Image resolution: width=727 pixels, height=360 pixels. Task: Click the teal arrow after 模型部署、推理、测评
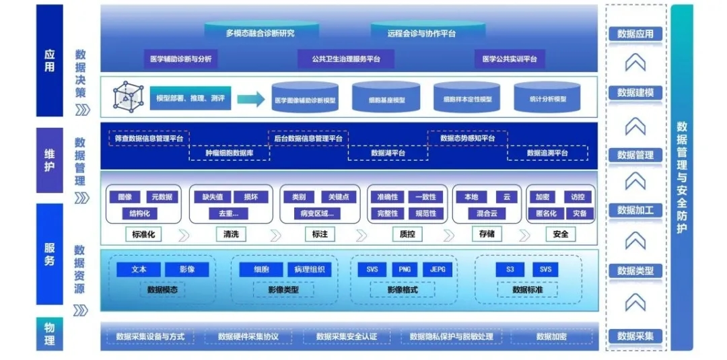click(250, 100)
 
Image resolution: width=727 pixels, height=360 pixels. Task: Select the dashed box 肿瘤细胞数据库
click(229, 153)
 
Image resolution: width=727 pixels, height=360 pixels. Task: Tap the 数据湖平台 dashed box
click(388, 153)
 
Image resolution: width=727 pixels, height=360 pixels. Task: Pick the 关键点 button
click(339, 197)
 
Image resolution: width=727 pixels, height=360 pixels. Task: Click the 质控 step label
click(403, 234)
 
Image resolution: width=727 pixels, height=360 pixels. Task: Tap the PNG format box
click(405, 270)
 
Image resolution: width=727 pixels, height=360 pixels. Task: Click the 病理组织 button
click(309, 270)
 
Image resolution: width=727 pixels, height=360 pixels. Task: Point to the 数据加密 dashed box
click(551, 336)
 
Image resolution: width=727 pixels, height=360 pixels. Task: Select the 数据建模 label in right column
click(635, 92)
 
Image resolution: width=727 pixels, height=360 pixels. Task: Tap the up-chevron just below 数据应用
click(635, 63)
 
